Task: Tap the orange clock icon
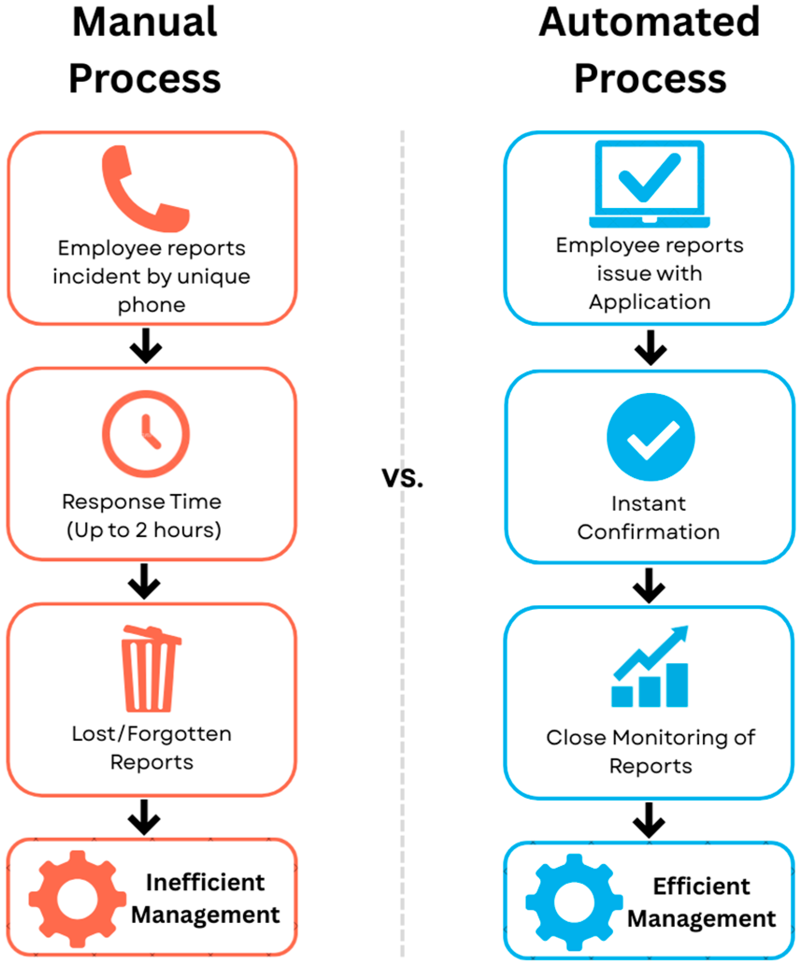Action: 146,434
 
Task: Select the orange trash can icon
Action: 150,668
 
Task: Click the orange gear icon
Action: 78,898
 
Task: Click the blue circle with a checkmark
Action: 650,437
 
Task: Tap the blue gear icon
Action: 574,902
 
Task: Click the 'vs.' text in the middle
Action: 402,478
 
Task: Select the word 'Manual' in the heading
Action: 145,22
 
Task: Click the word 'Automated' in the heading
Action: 649,22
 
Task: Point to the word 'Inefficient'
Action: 205,882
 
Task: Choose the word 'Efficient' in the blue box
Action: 701,886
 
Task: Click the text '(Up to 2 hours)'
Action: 144,530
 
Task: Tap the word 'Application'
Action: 649,302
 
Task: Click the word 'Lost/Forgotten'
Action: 151,734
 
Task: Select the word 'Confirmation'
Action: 648,532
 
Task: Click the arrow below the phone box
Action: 146,346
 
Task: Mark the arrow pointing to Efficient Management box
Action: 649,820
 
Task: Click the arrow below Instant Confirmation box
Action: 649,585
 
